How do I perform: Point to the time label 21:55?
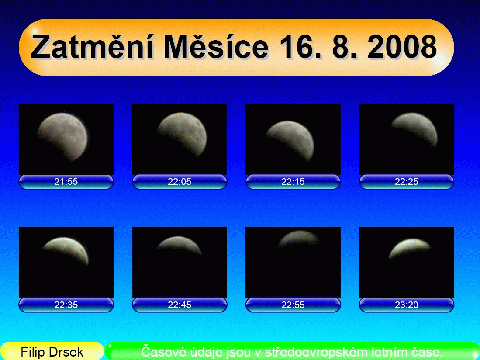click(x=66, y=182)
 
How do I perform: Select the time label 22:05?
click(x=180, y=182)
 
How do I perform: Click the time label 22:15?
click(x=293, y=182)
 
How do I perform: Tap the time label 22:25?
click(x=407, y=182)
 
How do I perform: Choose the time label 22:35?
click(x=66, y=305)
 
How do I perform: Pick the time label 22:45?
click(x=180, y=305)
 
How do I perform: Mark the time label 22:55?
click(x=293, y=305)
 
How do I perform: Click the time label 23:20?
click(x=407, y=305)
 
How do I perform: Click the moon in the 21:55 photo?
click(x=63, y=135)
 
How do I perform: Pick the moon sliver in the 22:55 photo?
click(x=298, y=237)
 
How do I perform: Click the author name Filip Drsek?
click(x=52, y=352)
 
